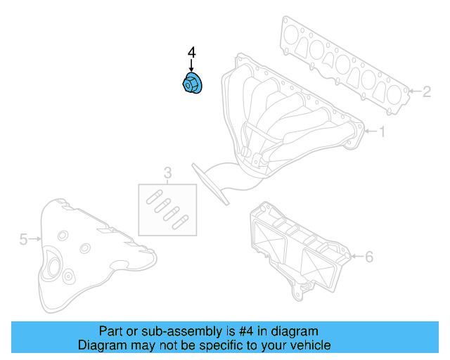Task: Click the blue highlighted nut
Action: coord(192,83)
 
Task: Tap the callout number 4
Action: coord(192,53)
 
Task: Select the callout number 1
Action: coord(382,131)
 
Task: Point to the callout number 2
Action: coord(427,91)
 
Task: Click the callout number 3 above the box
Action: coord(167,173)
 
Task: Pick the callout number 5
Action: coord(23,239)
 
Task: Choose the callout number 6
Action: coord(369,257)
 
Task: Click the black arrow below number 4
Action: coord(191,65)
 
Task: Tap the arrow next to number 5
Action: coord(35,239)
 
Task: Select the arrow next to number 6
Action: coord(357,256)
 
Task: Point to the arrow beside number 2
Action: coord(414,91)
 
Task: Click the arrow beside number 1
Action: coord(371,131)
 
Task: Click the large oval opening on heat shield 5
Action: coord(53,268)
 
